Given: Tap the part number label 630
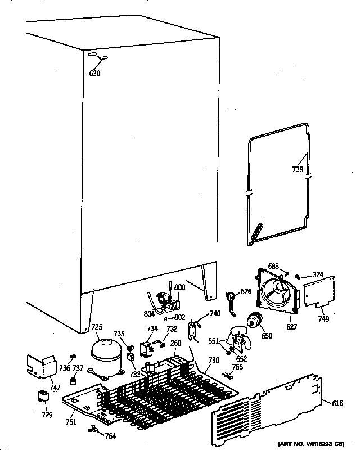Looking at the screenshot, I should [x=94, y=73].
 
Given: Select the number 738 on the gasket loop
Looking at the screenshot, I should [x=298, y=169].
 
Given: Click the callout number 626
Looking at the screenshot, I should [x=246, y=291].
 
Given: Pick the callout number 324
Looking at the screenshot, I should [x=318, y=274].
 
